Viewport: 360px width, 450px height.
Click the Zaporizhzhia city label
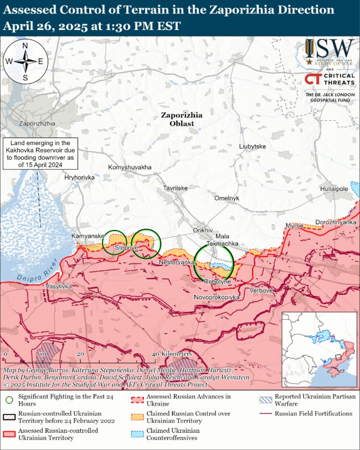coord(37,122)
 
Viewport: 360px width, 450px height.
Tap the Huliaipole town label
coord(334,189)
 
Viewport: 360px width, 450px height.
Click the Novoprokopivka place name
coord(217,298)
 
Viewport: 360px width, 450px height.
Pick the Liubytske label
coord(252,146)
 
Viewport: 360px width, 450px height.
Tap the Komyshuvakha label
coord(130,167)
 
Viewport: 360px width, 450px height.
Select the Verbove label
coord(261,290)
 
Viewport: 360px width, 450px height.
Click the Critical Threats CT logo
coord(313,79)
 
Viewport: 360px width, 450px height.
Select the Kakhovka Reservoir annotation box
coord(40,154)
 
